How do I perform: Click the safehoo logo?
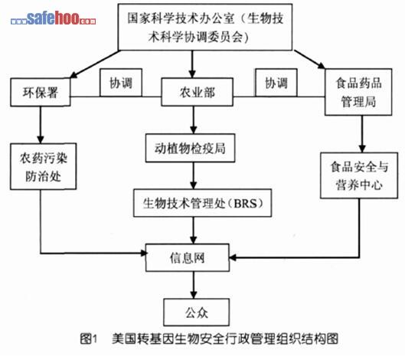coord(53,18)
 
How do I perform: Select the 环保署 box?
coord(41,92)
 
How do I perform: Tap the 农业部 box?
coord(197,92)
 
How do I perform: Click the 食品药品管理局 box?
coord(358,92)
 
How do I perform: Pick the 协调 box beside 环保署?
coord(121,83)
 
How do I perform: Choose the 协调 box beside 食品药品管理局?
coord(276,83)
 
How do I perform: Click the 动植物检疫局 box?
coord(190,148)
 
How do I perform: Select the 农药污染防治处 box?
coord(44,166)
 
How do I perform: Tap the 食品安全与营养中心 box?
coord(359,175)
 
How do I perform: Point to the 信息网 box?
coord(188,257)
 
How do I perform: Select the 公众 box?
coord(196,313)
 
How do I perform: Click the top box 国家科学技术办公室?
coord(205,27)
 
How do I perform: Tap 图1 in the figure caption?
coord(88,339)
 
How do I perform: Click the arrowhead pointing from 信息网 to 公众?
coord(194,295)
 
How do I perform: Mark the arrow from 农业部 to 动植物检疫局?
coord(194,120)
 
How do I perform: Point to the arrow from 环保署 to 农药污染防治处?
coord(41,125)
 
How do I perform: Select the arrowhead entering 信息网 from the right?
coord(234,257)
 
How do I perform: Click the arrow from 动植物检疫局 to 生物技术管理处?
coord(194,176)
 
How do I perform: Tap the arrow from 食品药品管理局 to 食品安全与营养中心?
coord(362,134)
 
